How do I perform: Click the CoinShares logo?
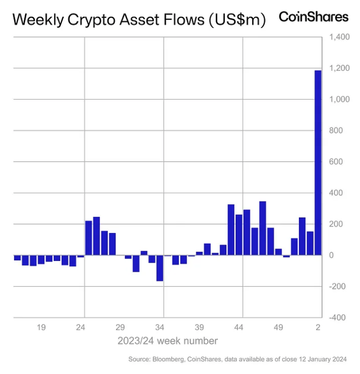click(x=313, y=17)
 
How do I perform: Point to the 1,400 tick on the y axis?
click(x=339, y=38)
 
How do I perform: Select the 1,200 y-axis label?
click(x=339, y=69)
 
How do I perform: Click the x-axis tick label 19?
click(x=41, y=327)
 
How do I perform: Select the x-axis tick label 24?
click(x=81, y=327)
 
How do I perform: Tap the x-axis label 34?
click(x=160, y=327)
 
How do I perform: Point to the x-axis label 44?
click(x=239, y=327)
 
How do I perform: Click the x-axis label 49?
click(x=278, y=327)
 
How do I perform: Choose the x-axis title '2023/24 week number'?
click(x=167, y=341)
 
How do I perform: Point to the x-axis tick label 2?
click(x=318, y=327)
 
